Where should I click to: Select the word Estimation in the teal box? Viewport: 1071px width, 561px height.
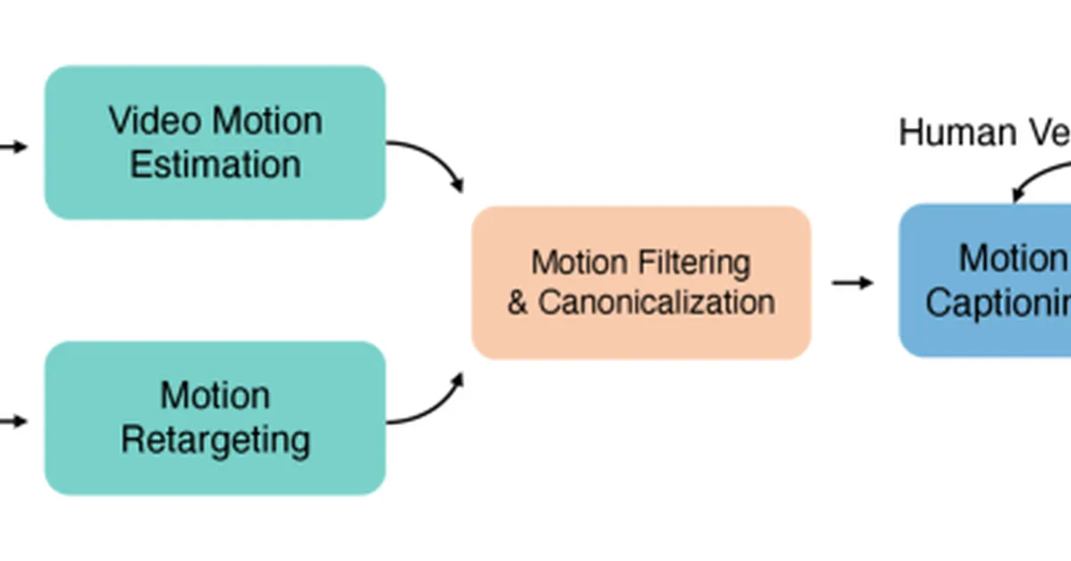[x=215, y=164]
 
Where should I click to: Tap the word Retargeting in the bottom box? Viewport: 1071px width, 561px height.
[x=215, y=440]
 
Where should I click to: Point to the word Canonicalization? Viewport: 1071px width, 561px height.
[x=656, y=302]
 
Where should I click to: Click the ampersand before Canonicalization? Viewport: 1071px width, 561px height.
[x=518, y=302]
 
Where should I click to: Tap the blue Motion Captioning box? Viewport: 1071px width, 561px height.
[x=982, y=331]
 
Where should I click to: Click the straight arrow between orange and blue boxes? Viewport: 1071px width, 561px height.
[x=853, y=282]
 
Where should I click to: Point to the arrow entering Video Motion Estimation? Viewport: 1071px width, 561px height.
[x=13, y=147]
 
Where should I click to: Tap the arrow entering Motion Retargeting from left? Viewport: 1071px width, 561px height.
[x=13, y=420]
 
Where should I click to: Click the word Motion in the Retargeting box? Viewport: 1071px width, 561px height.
[x=215, y=396]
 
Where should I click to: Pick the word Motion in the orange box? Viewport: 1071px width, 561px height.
[x=579, y=263]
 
